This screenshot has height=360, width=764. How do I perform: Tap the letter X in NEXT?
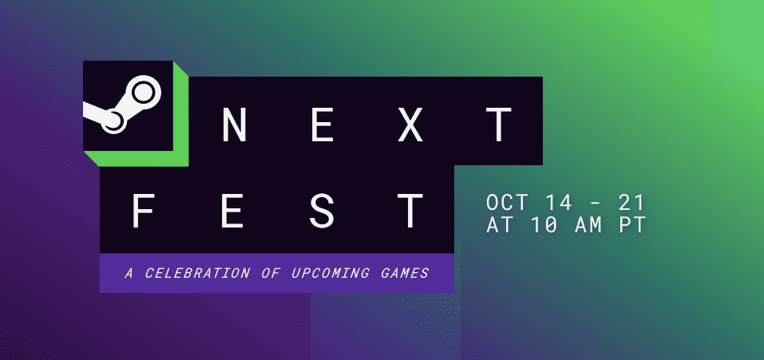point(410,125)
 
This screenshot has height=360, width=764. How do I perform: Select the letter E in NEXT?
point(322,125)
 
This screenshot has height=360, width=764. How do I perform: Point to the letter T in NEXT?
point(499,125)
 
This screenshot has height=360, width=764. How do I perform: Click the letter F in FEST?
point(144,211)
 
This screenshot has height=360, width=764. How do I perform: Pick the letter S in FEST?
point(322,211)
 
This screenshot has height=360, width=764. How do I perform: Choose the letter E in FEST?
point(233,211)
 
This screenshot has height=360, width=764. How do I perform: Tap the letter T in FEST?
point(410,211)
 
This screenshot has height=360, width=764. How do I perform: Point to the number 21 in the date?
point(631,203)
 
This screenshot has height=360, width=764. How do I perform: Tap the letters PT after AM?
point(632,225)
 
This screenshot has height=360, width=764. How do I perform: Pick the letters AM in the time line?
point(588,225)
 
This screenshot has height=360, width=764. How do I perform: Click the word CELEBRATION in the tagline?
point(197,273)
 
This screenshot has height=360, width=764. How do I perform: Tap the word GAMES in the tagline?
point(405,273)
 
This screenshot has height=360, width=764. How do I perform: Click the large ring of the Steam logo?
point(152,93)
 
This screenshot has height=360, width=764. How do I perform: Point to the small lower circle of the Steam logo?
point(113,121)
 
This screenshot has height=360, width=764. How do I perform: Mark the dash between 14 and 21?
point(595,204)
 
